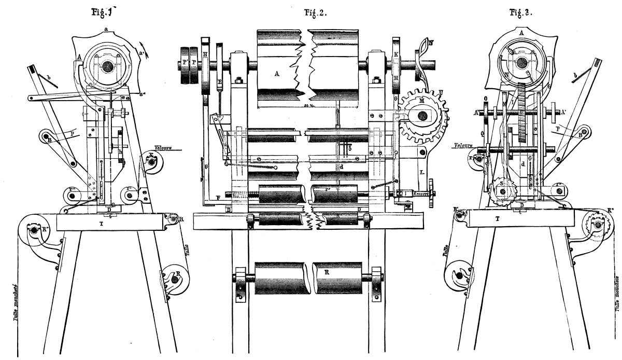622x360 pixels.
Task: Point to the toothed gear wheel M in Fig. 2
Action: (421, 116)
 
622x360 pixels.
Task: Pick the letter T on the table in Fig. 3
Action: (498, 219)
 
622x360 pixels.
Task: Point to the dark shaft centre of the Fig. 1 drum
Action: (108, 66)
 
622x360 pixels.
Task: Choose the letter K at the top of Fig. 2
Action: (397, 53)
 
